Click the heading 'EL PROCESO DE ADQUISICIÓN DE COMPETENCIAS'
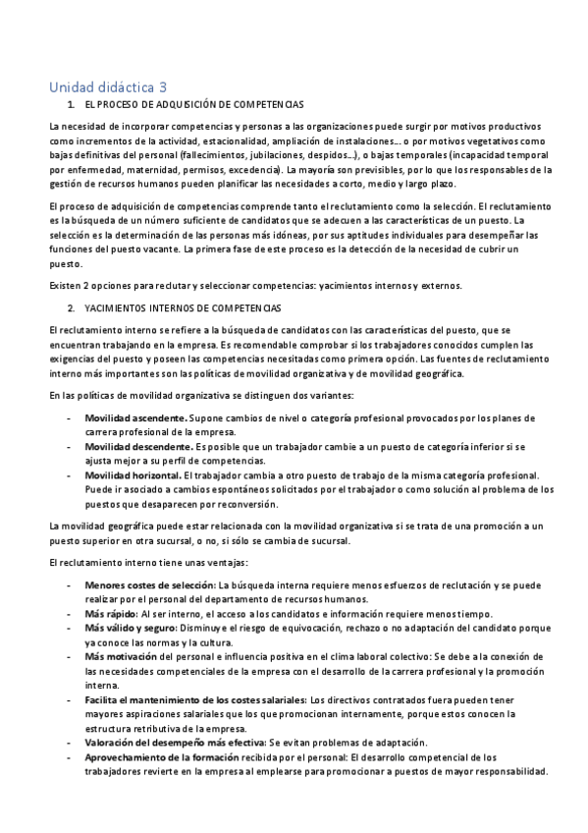point(194,104)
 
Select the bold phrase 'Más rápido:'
point(111,613)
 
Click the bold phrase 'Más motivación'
point(121,656)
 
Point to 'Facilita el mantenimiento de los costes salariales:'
point(196,699)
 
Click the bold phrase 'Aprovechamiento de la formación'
point(162,757)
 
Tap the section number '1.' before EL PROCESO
point(71,104)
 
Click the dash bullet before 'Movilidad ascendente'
point(68,417)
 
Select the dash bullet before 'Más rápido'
point(68,613)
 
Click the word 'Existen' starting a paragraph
point(66,286)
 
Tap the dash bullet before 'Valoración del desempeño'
point(68,743)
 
